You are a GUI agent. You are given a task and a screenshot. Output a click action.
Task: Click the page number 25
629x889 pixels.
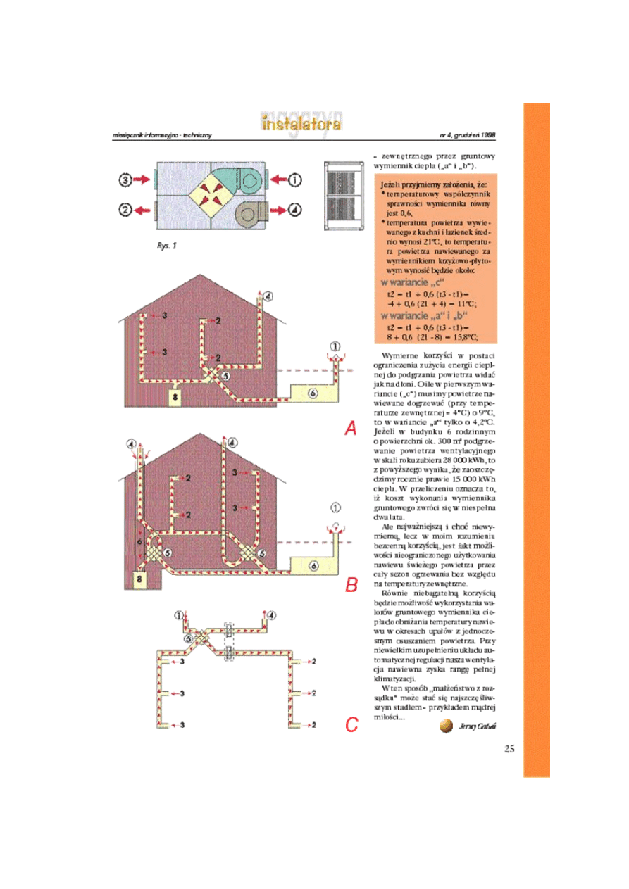coord(510,748)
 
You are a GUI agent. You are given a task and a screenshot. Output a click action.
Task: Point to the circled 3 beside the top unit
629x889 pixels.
coord(125,180)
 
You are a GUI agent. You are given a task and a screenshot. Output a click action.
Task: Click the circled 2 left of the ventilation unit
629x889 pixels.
coord(125,209)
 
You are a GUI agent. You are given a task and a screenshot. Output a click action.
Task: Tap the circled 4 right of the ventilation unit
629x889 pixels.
coord(294,209)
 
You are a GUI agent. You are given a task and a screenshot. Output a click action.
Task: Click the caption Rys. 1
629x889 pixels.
coord(167,246)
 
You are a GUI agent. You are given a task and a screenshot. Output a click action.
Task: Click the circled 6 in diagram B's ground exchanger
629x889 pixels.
coord(313,565)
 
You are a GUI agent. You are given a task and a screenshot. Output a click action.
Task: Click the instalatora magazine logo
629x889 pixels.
coord(301,125)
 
